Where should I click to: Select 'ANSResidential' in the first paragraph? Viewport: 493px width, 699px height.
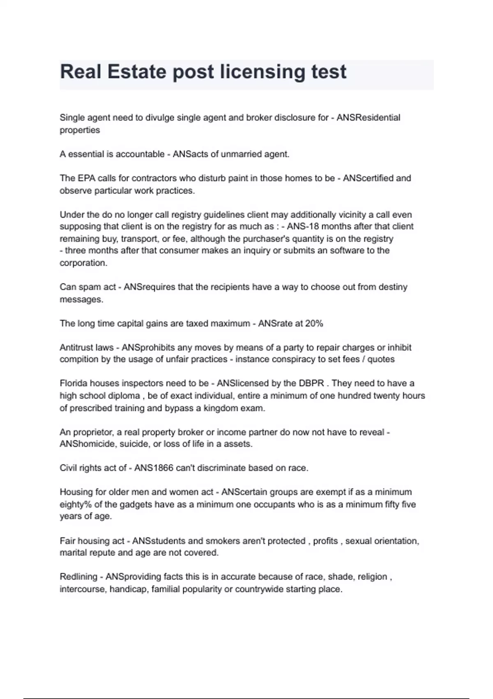pos(368,118)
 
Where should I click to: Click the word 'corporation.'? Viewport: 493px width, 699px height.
pos(83,263)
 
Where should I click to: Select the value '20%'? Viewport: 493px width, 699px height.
pos(314,324)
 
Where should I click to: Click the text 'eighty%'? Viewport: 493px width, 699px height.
pos(76,505)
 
